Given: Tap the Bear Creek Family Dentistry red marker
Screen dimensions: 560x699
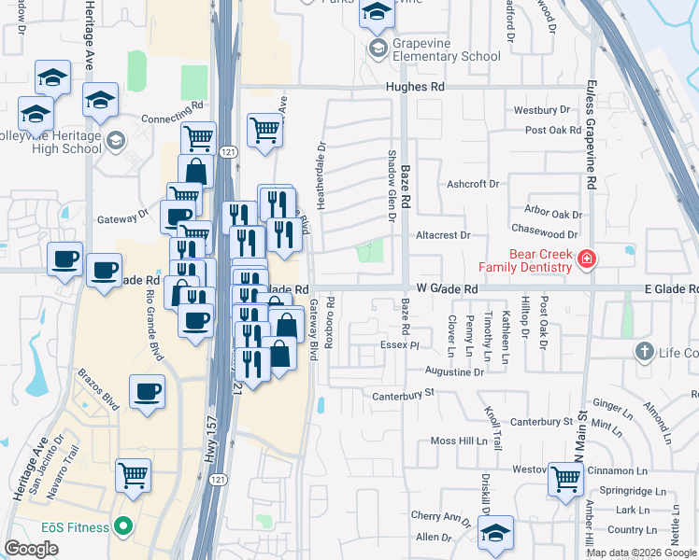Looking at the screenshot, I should tap(586, 259).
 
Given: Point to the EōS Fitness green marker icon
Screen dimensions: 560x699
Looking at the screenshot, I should tap(121, 527).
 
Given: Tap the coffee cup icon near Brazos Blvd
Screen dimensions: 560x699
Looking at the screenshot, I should tap(147, 391).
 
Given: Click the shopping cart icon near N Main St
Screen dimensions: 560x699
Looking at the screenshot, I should tap(566, 479).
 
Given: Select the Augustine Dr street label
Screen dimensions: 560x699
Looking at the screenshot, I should tap(454, 371).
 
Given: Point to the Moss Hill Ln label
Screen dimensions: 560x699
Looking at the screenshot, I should tap(459, 441).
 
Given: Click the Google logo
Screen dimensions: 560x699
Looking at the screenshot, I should tap(31, 549).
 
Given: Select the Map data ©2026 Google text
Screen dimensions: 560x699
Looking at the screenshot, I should tap(641, 553).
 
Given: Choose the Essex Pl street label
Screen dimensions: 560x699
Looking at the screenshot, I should tap(401, 345).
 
